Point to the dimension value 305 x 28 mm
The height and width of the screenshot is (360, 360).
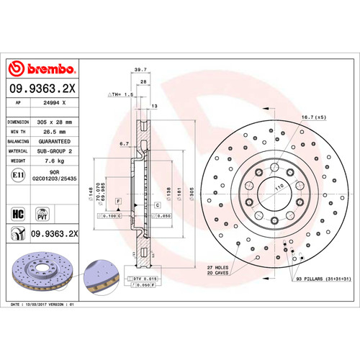click(x=55, y=122)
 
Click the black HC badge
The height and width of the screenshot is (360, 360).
click(x=18, y=214)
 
